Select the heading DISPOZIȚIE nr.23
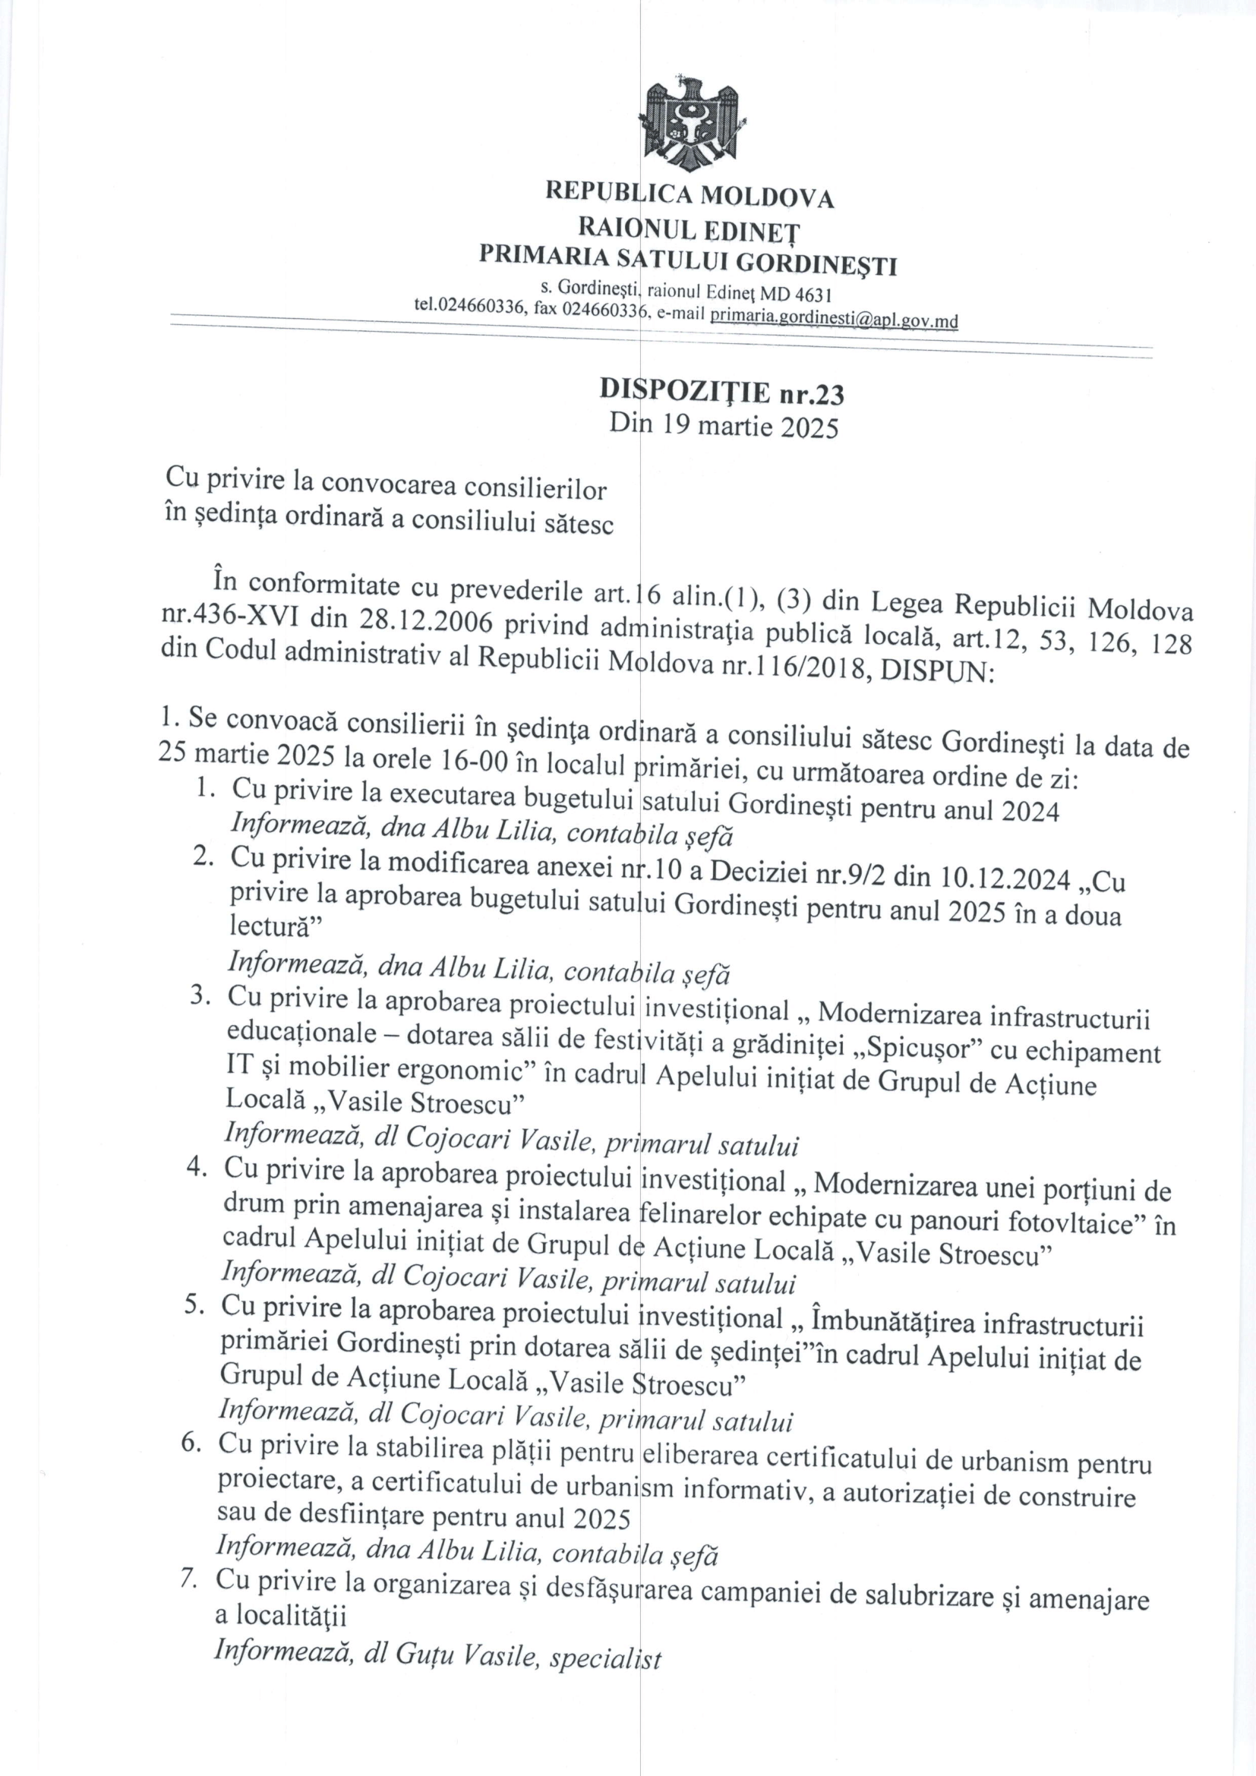click(x=721, y=393)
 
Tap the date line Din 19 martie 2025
click(x=723, y=424)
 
